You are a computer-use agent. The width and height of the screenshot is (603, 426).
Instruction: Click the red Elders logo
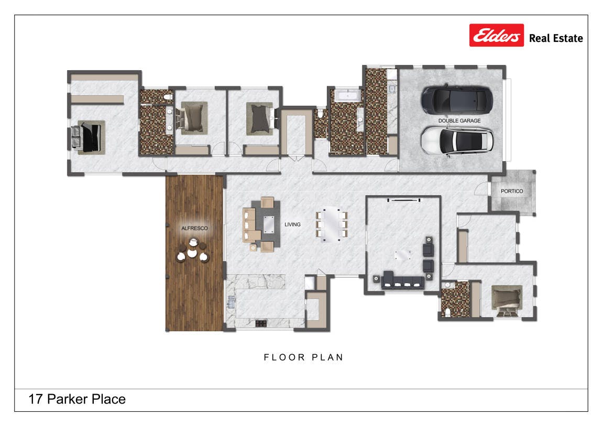496,35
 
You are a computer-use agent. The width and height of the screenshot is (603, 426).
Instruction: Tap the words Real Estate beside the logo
556,38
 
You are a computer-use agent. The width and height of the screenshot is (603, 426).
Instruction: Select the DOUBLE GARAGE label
459,120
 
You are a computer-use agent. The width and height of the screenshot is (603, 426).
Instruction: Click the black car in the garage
457,99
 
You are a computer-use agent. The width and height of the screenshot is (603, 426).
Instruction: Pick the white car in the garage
457,141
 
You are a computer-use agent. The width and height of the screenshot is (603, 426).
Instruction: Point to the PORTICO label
511,191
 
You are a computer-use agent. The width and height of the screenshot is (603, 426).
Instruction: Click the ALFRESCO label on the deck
194,228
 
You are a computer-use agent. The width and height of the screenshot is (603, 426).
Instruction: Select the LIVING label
292,225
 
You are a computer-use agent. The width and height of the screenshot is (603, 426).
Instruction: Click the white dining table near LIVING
332,225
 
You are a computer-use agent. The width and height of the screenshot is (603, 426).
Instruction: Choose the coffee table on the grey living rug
269,225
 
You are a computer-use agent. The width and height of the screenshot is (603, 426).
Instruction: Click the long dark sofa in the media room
403,281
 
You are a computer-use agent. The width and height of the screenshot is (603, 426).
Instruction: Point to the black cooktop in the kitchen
261,323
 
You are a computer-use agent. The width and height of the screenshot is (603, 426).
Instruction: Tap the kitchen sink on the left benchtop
231,302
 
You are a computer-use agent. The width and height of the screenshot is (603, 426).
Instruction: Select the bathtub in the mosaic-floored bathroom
348,95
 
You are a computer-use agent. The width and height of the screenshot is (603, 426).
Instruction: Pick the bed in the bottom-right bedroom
507,300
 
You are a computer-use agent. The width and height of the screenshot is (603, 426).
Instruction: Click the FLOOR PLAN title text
303,357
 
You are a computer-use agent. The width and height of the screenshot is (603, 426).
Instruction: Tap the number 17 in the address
36,399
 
